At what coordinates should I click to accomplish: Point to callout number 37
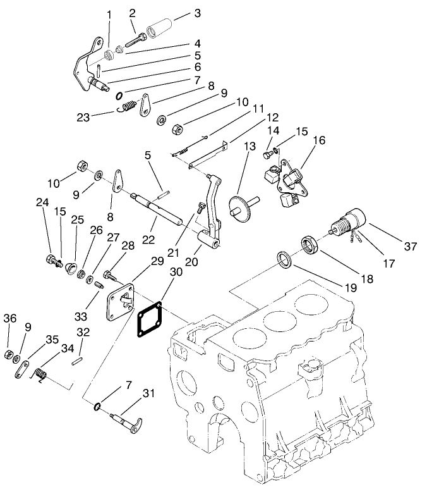pos(411,247)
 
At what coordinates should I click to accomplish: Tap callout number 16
pos(318,140)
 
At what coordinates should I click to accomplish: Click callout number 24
pos(42,203)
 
